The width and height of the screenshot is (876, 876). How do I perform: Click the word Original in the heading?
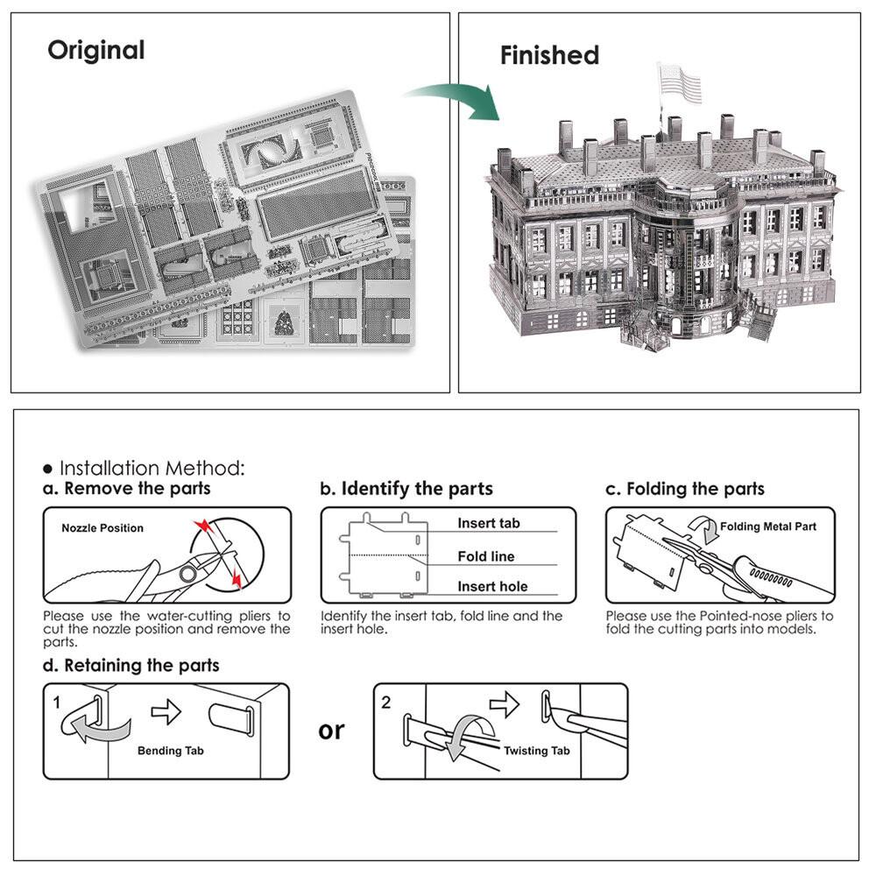96,50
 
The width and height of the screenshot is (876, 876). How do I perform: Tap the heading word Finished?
549,55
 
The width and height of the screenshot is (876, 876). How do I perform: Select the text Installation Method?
151,468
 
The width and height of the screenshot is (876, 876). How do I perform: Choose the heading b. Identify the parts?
406,489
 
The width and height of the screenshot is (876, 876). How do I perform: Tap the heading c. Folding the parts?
685,489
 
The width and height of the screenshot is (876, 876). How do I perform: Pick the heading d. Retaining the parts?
131,666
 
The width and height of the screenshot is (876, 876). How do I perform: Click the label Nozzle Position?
102,528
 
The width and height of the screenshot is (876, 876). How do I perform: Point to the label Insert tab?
488,523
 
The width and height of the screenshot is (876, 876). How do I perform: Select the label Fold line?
486,556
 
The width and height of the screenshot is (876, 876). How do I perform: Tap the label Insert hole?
492,587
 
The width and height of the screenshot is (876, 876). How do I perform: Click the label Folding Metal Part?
768,526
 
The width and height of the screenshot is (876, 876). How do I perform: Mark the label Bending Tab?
171,751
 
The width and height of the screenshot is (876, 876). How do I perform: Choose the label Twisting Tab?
536,751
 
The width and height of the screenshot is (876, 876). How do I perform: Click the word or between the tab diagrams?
331,730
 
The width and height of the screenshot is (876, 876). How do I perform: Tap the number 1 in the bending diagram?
56,703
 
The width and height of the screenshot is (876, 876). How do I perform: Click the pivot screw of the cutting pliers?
187,574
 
